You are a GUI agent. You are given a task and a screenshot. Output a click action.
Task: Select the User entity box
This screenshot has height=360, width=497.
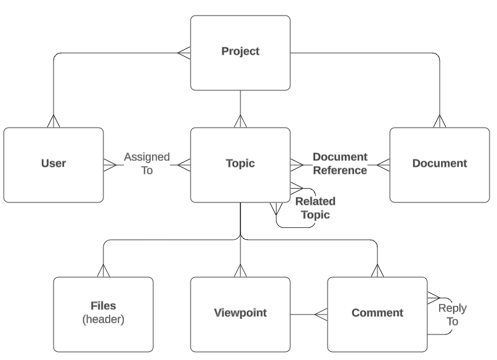click(53, 164)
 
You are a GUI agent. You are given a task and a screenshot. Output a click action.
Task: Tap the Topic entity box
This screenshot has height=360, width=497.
click(240, 164)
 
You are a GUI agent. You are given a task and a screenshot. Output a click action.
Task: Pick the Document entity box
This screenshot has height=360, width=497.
click(439, 164)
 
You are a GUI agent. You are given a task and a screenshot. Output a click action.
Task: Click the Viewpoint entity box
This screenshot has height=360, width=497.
click(240, 313)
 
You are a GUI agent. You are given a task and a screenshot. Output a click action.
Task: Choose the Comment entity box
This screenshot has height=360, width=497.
click(377, 313)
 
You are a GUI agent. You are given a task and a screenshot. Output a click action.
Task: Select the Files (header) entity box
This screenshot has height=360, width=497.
click(103, 313)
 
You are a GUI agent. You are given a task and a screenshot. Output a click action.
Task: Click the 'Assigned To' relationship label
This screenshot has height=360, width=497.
click(146, 164)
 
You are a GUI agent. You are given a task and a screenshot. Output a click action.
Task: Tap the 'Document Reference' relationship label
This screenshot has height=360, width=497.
click(339, 164)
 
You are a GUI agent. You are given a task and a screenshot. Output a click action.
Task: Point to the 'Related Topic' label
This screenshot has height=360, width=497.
click(315, 208)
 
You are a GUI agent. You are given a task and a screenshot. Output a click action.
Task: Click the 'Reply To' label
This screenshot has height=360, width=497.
click(452, 315)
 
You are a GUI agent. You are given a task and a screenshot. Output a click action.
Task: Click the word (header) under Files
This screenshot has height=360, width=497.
click(103, 320)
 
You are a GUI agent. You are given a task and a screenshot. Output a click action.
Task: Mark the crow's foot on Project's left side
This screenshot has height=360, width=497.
click(184, 53)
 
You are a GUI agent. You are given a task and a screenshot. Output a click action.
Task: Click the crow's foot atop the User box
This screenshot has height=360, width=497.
click(53, 121)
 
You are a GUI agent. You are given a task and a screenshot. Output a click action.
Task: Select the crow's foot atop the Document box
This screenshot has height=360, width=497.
click(439, 121)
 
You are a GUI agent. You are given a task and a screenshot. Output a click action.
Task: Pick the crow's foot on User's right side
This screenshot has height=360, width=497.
click(110, 164)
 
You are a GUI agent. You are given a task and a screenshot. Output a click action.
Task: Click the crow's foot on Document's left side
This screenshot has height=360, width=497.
click(383, 164)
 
